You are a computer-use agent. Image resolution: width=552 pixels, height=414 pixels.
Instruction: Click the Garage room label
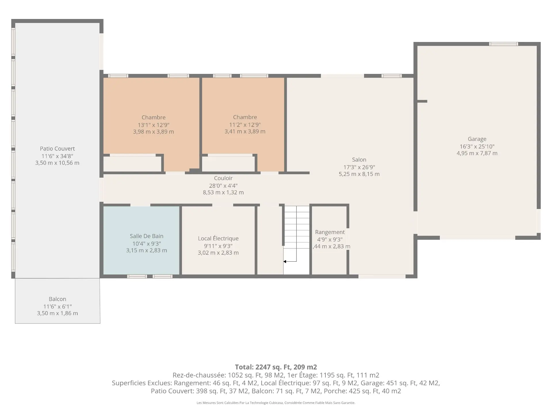point(477,139)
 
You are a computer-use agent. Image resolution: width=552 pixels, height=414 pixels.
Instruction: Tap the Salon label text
point(359,160)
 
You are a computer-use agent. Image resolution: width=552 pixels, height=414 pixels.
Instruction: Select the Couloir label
point(223,178)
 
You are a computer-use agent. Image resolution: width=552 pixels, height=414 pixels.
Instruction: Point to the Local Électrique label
point(218,238)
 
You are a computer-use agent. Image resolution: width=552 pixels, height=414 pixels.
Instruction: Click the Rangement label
point(330,232)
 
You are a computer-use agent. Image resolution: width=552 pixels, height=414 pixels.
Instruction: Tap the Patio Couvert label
point(57,149)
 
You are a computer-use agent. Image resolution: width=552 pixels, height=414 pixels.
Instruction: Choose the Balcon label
point(57,299)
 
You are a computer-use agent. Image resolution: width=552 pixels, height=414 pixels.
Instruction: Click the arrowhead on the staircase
point(285,262)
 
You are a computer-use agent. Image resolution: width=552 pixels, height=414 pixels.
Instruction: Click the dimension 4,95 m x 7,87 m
point(477,153)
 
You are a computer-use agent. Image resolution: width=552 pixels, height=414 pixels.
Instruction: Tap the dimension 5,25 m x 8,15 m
point(359,174)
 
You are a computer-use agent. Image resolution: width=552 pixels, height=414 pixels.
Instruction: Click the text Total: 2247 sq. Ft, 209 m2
point(276,367)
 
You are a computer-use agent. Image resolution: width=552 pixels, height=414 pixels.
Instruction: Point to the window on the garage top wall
point(504,44)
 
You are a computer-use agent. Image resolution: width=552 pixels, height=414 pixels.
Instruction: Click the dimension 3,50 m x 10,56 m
point(57,163)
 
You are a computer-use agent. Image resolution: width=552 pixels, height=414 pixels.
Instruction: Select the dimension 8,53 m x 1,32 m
point(223,192)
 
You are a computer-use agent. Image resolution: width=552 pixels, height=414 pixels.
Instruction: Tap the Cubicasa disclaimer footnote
point(276,403)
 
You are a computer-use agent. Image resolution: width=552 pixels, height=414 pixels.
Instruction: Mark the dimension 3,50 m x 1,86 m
point(57,313)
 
